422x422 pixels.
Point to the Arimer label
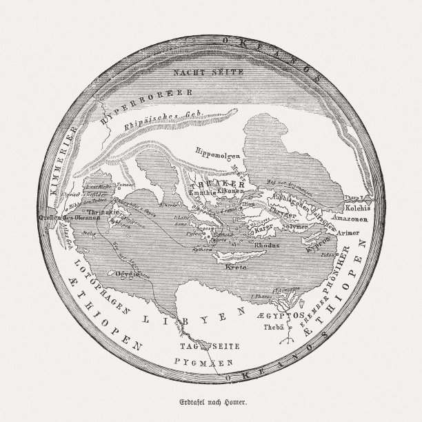[349, 232]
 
